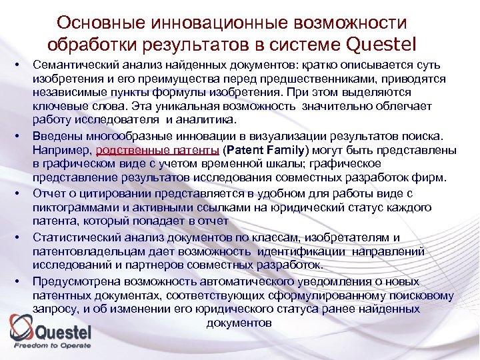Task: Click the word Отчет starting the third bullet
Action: tap(49, 193)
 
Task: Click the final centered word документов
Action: tap(239, 323)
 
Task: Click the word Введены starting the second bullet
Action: tap(54, 137)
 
